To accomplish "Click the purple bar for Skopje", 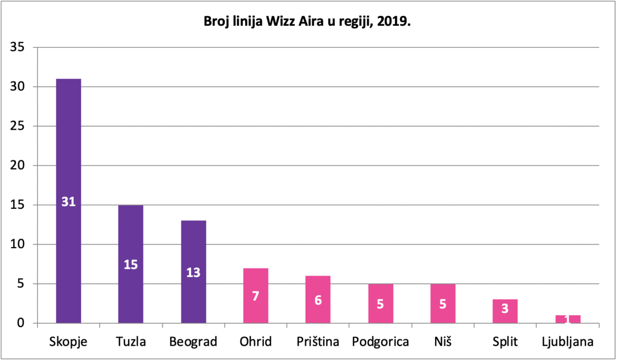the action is (69, 201).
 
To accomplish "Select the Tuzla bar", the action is (131, 264).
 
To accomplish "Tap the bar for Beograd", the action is (193, 272).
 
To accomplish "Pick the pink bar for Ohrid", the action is (256, 296).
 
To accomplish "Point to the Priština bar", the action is (318, 300).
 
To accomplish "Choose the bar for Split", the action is (505, 312).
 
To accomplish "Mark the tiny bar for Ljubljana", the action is (568, 319).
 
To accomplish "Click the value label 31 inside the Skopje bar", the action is (69, 202).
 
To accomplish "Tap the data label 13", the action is (193, 273).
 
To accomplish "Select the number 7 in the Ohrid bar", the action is (256, 296).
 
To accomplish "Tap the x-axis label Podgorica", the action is (381, 342).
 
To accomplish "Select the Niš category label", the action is (443, 342).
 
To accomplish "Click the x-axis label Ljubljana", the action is (568, 342).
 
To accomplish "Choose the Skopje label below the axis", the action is (69, 342).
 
